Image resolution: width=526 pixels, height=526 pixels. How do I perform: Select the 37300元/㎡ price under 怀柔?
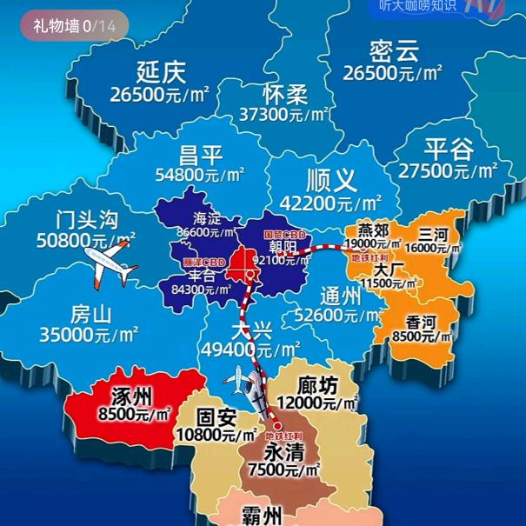(x=284, y=114)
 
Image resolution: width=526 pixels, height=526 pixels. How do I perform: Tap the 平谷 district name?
(x=449, y=149)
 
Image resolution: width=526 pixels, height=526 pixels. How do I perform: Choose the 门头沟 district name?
(x=85, y=219)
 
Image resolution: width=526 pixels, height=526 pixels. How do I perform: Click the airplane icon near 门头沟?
(x=109, y=263)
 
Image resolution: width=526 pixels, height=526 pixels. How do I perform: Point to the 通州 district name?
(x=340, y=296)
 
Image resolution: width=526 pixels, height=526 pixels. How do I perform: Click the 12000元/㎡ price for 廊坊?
(x=316, y=403)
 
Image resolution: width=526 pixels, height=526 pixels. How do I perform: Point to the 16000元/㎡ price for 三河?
(x=432, y=249)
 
